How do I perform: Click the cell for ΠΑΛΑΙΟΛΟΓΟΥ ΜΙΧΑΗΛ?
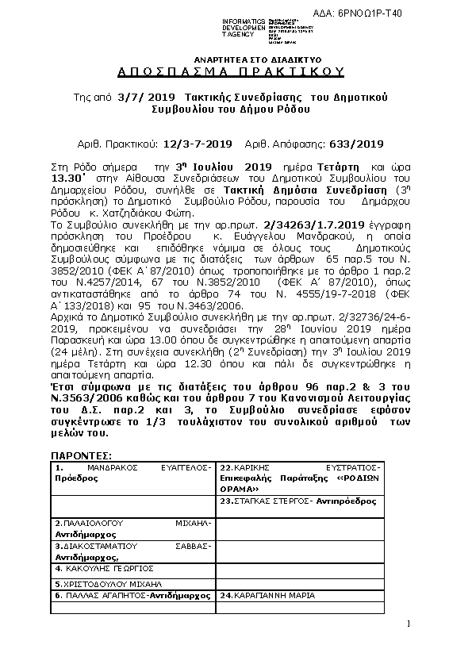click(132, 529)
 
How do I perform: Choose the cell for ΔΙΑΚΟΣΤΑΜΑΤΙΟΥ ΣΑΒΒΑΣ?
click(132, 551)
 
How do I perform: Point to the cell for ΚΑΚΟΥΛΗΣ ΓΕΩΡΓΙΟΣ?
click(132, 569)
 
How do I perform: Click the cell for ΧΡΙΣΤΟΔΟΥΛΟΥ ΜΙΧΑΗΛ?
click(132, 582)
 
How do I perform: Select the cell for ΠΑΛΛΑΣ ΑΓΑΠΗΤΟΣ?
click(132, 594)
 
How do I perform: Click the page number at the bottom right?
click(407, 625)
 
